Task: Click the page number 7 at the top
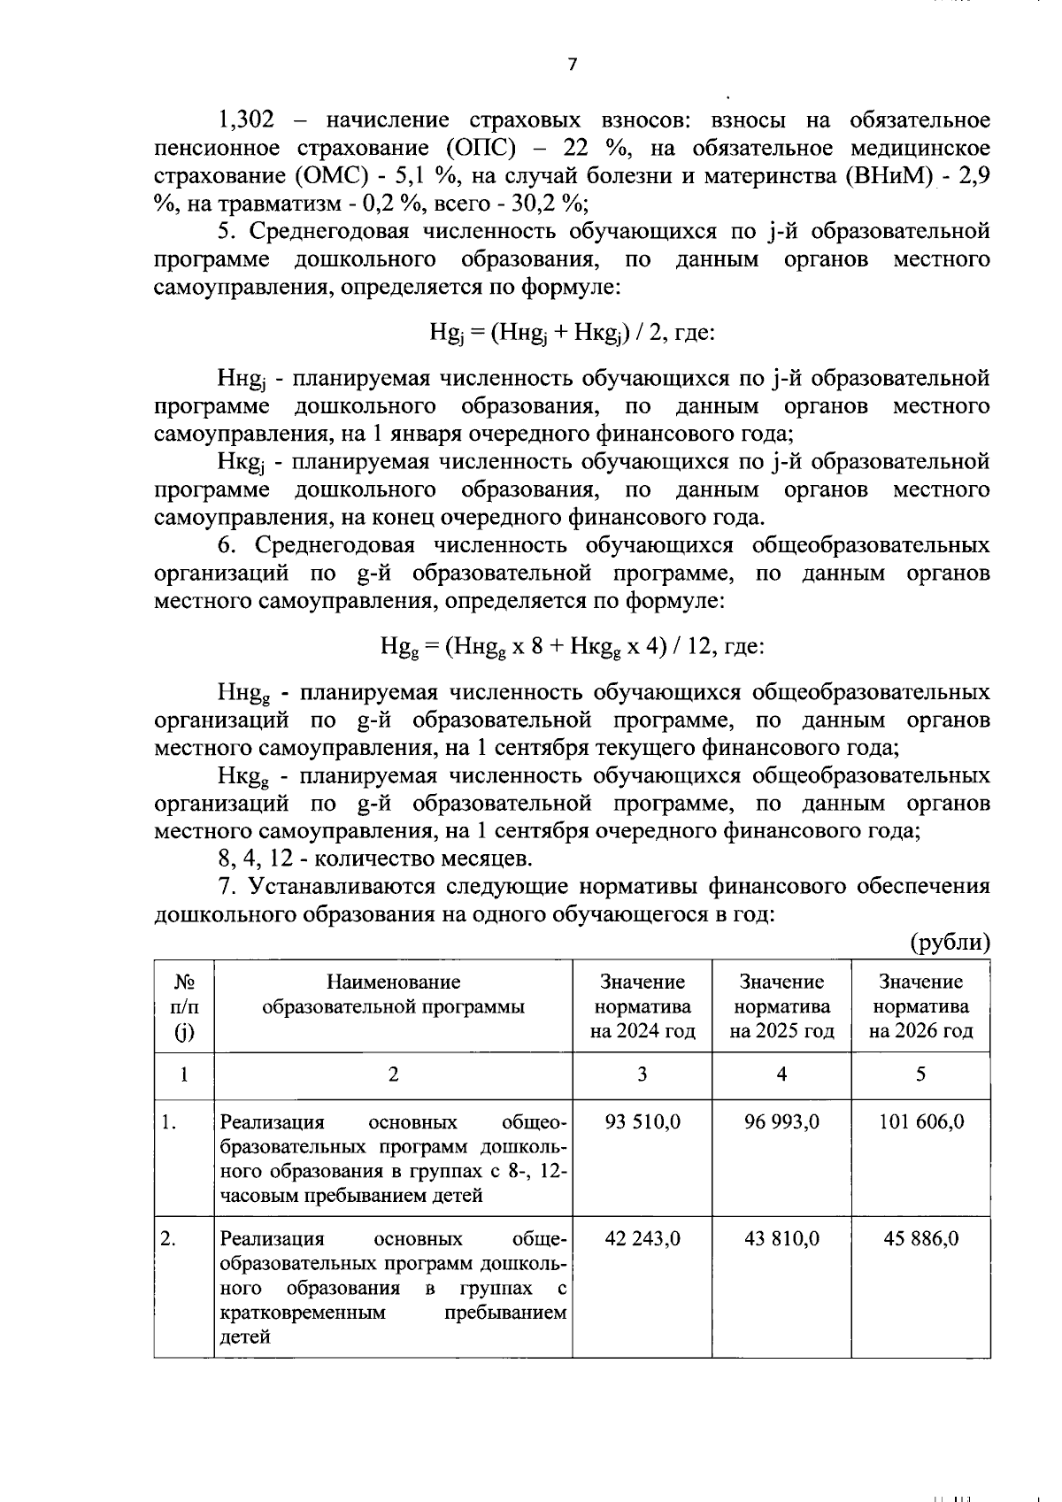(x=573, y=65)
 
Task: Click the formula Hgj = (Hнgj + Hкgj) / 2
(x=572, y=334)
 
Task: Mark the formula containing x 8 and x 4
(x=572, y=647)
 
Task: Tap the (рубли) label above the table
(x=950, y=942)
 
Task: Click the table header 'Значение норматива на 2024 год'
(x=643, y=1006)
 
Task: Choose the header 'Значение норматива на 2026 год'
(x=920, y=1006)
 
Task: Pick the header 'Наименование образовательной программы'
(x=393, y=994)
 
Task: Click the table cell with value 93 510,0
(x=643, y=1122)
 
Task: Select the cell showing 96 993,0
(x=781, y=1122)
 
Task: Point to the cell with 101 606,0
(x=920, y=1122)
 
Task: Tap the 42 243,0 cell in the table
(x=643, y=1238)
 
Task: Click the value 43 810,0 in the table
(x=781, y=1238)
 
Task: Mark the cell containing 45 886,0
(x=920, y=1238)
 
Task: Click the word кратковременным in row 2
(x=303, y=1313)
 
